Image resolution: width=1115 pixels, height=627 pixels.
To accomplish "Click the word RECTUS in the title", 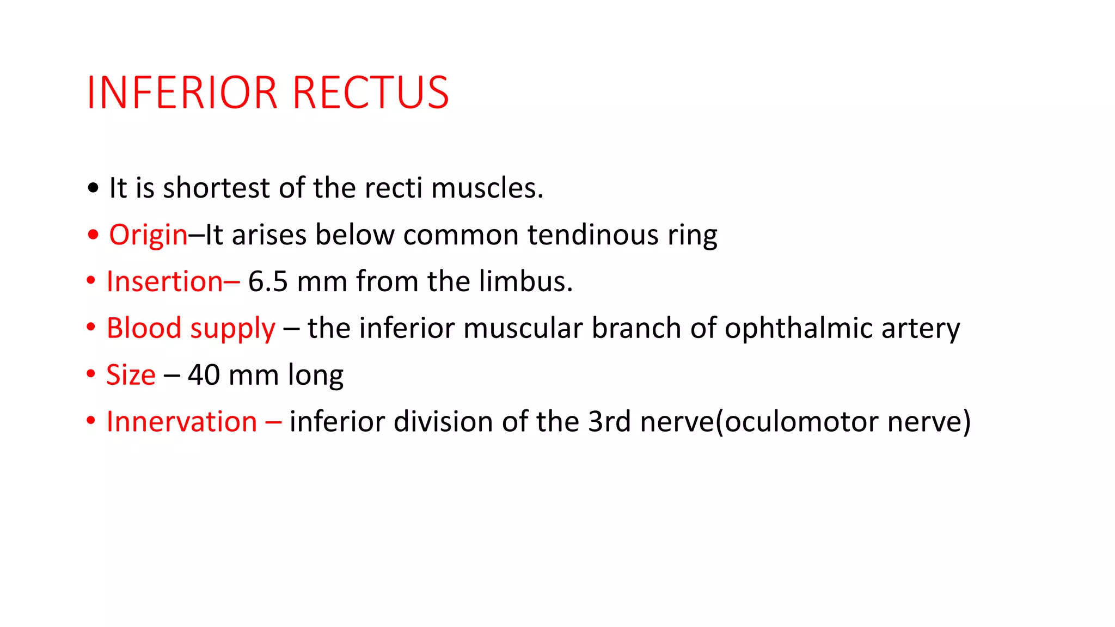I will pos(371,93).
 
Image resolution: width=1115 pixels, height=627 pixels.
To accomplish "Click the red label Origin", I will pos(148,236).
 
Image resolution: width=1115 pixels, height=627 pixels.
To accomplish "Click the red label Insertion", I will pos(164,282).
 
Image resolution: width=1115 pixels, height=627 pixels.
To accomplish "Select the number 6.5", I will pos(268,282).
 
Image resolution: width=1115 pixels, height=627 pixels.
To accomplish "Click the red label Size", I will pos(131,375).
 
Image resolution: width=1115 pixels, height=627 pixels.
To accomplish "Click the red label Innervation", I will pos(182,422).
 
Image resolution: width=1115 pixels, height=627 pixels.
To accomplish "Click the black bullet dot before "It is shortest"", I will pos(94,188).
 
